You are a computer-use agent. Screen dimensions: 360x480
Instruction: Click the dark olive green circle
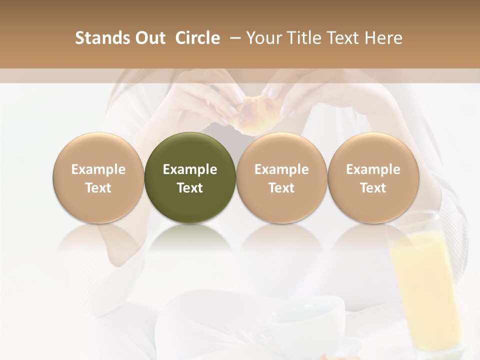tap(189, 178)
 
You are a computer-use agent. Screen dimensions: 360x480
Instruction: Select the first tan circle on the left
tap(98, 178)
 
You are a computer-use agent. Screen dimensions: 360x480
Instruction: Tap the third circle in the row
tap(281, 178)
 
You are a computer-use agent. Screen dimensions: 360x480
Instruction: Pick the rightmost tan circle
tap(373, 178)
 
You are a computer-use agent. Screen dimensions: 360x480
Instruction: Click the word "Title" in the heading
tap(300, 38)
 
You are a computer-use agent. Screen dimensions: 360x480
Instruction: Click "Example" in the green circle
tap(189, 169)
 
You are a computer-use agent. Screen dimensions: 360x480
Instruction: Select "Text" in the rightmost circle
tap(373, 188)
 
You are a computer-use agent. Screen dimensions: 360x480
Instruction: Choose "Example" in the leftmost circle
tap(98, 169)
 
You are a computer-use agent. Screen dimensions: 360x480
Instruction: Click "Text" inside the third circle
tap(281, 188)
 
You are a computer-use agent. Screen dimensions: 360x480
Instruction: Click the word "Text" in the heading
tap(343, 38)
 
